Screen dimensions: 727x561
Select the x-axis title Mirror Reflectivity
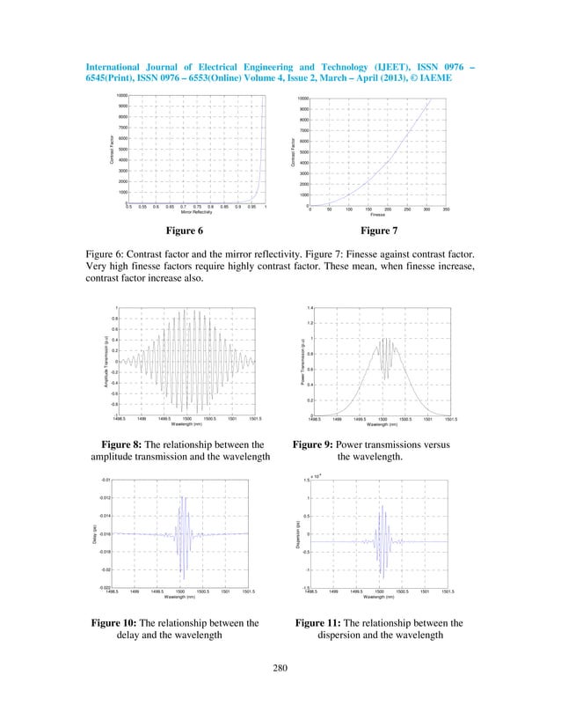pos(198,213)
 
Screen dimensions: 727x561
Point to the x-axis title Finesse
pos(377,216)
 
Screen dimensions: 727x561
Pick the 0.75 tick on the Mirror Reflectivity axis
pos(197,207)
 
